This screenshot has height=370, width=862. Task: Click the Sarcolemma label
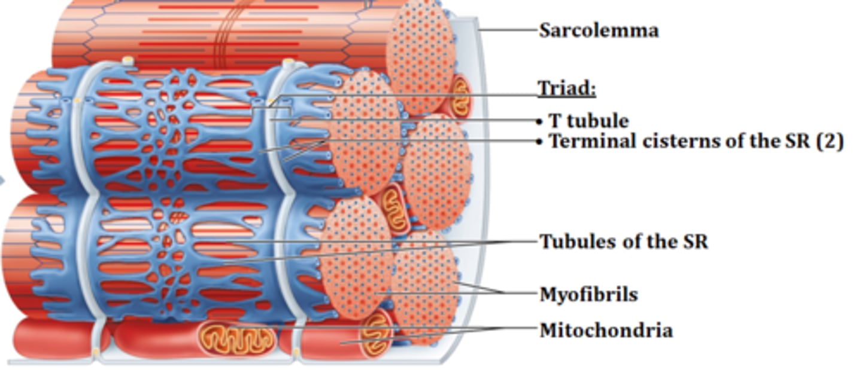(599, 30)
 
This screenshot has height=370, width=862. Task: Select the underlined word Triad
(566, 88)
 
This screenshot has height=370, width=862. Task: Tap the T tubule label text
(589, 121)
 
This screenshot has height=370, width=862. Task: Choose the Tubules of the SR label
(624, 241)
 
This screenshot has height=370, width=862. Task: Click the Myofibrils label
(589, 295)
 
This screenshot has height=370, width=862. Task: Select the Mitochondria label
(606, 331)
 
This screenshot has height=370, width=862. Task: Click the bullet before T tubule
(539, 122)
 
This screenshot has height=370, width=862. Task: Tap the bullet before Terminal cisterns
(539, 142)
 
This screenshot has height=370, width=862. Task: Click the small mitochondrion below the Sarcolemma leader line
(460, 96)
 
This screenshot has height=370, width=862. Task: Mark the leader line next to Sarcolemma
(508, 29)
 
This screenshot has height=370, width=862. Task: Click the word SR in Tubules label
(696, 241)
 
